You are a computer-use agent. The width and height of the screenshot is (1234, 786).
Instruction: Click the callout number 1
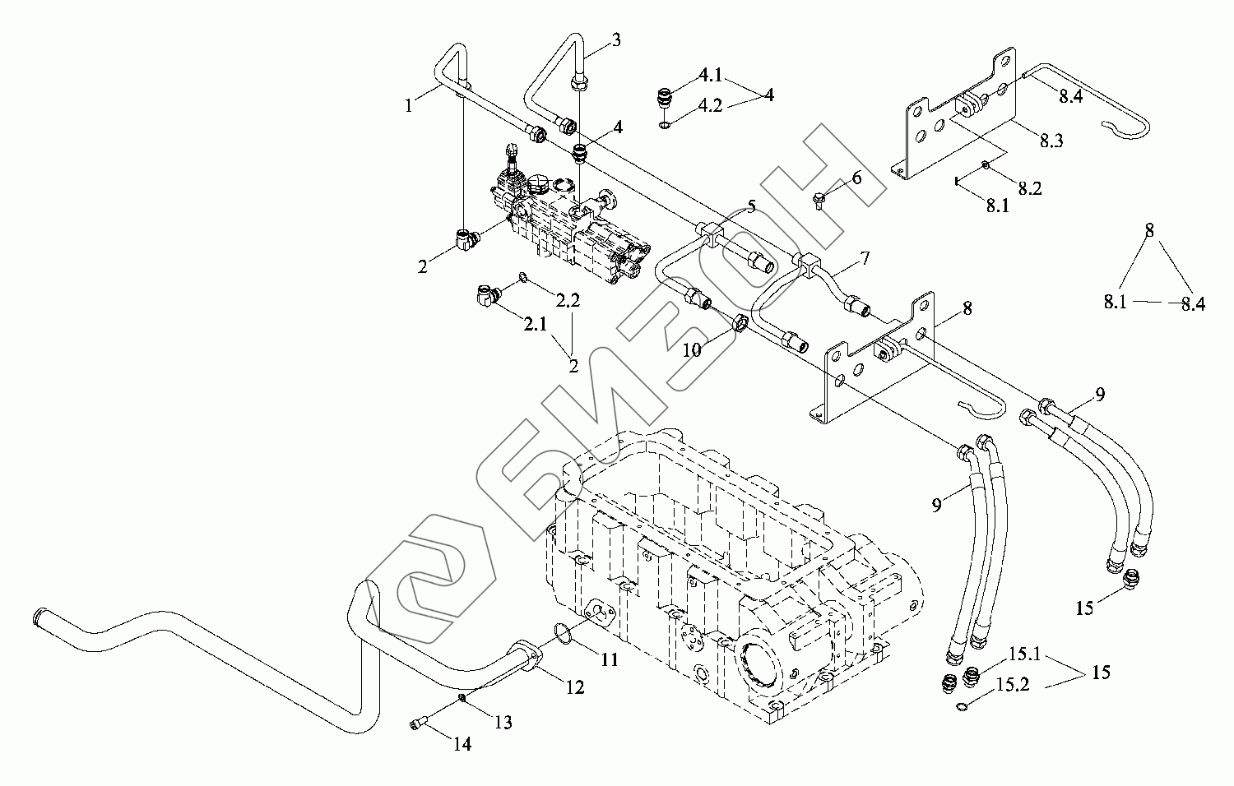408,105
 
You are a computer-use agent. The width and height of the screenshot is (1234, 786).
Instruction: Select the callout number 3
616,39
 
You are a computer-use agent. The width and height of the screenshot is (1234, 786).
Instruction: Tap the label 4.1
711,76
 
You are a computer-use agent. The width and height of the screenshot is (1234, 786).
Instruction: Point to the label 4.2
711,107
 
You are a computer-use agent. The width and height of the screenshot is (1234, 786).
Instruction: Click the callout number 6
856,178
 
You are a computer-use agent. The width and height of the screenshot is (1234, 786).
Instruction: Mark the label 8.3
1051,141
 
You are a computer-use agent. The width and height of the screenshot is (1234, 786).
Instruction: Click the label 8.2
1030,188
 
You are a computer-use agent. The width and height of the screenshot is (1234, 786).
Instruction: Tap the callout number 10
692,350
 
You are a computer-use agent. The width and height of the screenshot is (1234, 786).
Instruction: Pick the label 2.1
536,325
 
